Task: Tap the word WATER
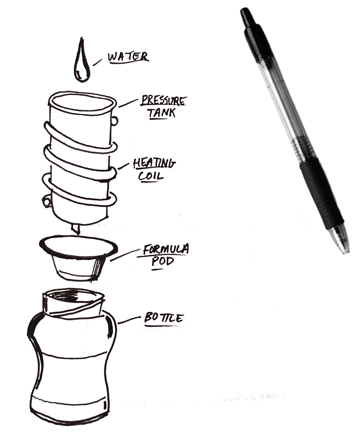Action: (x=128, y=57)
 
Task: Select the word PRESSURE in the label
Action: (x=163, y=100)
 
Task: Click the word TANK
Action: (x=161, y=113)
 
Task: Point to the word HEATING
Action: (x=154, y=163)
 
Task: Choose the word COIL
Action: (x=151, y=176)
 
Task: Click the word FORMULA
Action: (x=166, y=249)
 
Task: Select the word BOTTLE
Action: (x=163, y=318)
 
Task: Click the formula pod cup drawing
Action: (x=78, y=257)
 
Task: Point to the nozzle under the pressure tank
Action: (x=75, y=229)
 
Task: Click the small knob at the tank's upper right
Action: (x=114, y=121)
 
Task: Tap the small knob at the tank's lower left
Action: (x=46, y=201)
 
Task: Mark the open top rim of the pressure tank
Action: (x=82, y=103)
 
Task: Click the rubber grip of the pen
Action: (x=322, y=194)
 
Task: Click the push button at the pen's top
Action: (x=247, y=16)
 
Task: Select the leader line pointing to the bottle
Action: (x=129, y=320)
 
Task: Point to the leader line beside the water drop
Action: (x=97, y=62)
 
